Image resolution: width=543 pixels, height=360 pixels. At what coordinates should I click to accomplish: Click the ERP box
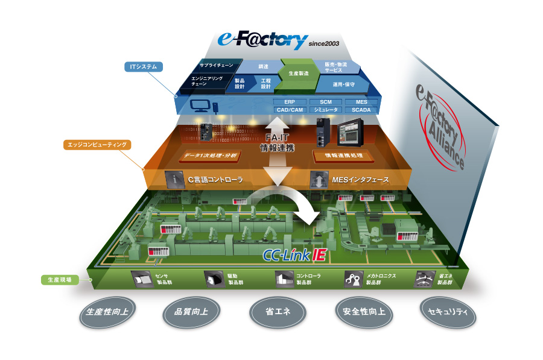(289, 102)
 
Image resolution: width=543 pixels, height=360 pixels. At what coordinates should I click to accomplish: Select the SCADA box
(361, 110)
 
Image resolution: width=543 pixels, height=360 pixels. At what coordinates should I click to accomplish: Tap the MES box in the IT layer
(361, 102)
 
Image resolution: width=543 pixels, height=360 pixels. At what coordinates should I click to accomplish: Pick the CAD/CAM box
(289, 110)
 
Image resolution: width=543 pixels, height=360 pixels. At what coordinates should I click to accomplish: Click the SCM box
(326, 102)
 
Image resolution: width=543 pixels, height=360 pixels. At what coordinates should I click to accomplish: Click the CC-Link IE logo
(295, 254)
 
